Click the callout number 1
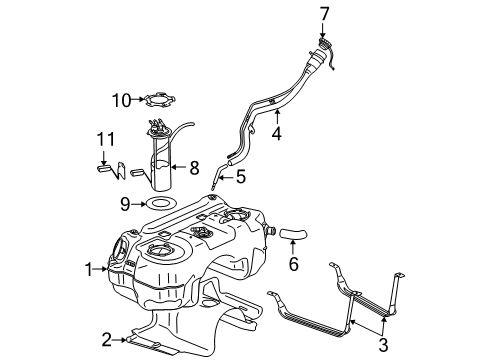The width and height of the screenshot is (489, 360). tap(88, 268)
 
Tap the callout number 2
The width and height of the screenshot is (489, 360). tap(105, 339)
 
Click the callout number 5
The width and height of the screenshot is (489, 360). tap(239, 177)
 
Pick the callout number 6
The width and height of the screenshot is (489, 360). tap(293, 265)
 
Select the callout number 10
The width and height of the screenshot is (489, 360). tap(122, 99)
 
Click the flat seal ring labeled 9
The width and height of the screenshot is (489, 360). tap(158, 204)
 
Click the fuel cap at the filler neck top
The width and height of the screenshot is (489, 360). tap(325, 52)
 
